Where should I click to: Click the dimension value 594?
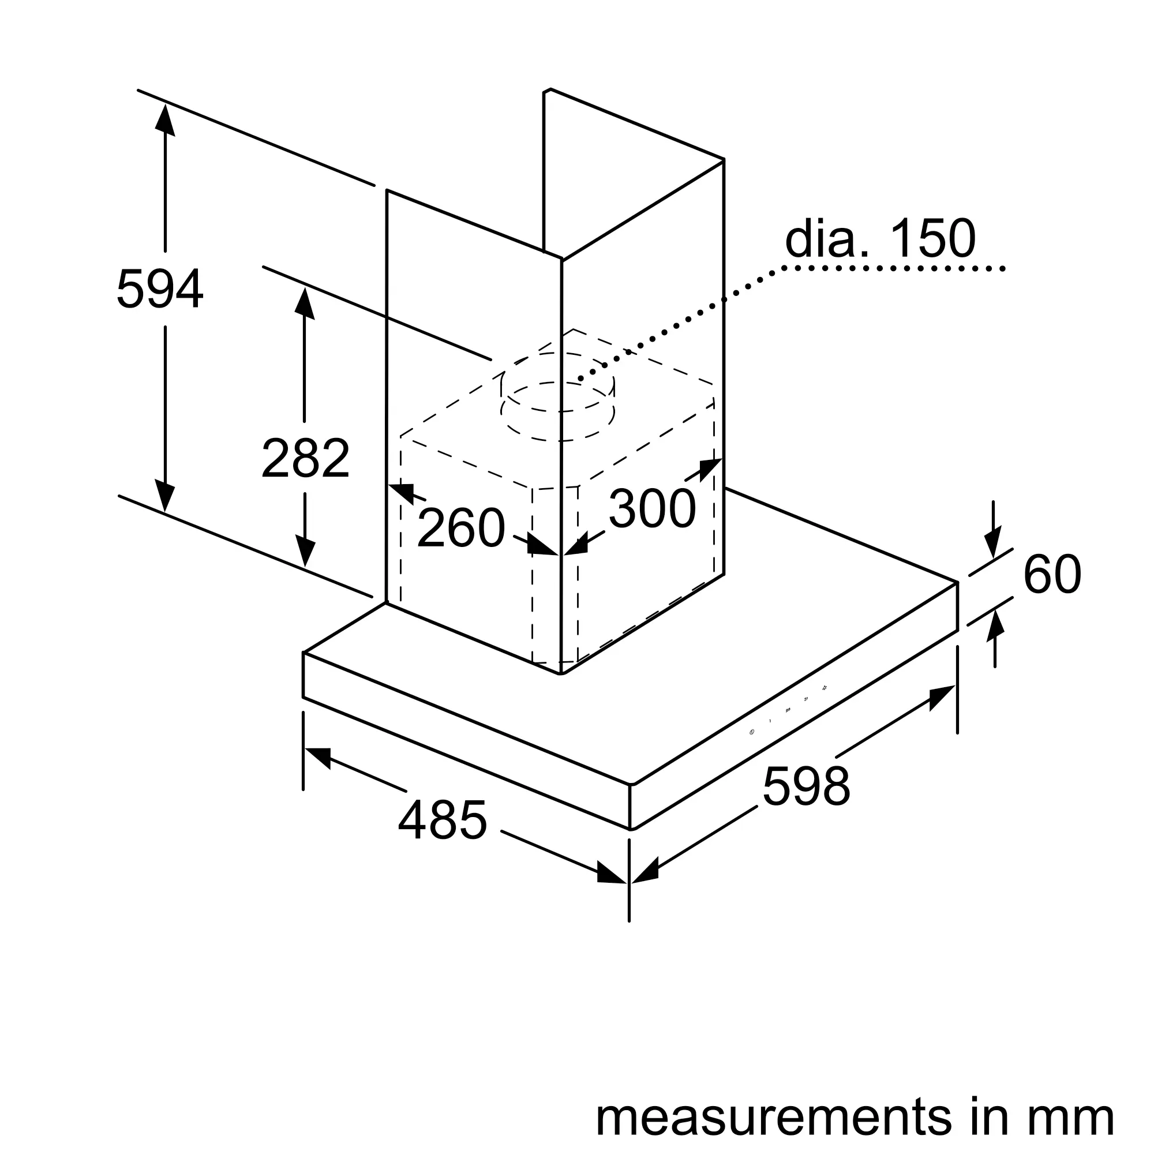click(159, 289)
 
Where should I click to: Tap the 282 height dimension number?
click(305, 458)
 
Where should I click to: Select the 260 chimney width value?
click(460, 528)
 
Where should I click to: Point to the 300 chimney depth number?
click(652, 509)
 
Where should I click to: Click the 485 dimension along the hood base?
click(443, 820)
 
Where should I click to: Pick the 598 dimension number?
click(807, 786)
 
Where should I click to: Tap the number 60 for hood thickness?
click(1052, 574)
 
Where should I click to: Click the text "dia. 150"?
click(880, 239)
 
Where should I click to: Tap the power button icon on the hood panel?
click(751, 732)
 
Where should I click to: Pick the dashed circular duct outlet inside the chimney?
click(558, 397)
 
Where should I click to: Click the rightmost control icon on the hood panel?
click(825, 688)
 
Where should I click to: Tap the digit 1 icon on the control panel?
click(770, 721)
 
